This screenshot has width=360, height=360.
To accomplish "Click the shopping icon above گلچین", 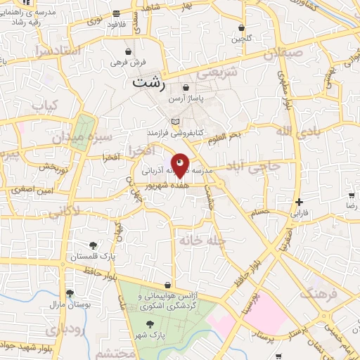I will [241, 28].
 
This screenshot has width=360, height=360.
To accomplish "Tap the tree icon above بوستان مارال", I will [69, 293].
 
